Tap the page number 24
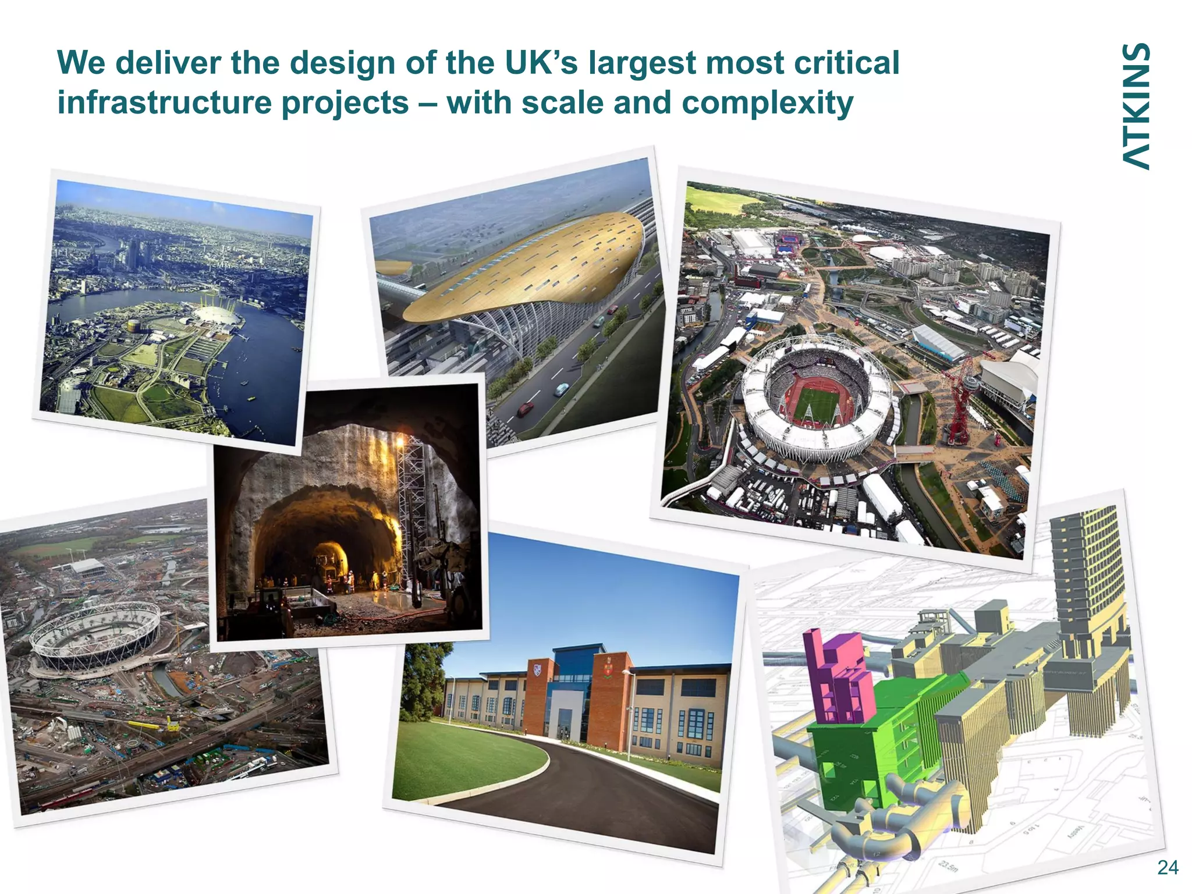click(1168, 868)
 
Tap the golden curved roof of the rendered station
click(524, 268)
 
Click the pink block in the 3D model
click(838, 675)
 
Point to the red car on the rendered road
click(525, 409)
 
